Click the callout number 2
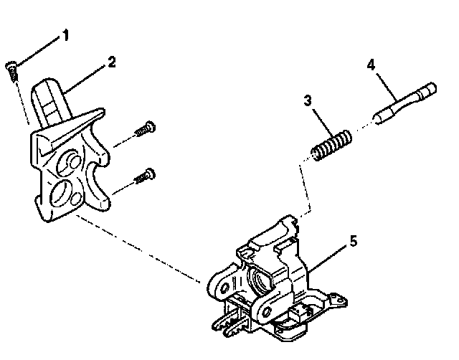point(111,62)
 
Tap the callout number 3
point(306,103)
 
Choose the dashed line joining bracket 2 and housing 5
point(136,243)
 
